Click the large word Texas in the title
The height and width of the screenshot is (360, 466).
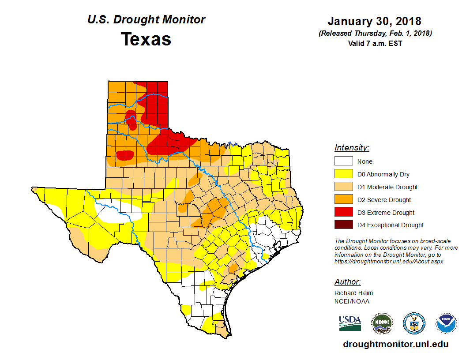point(146,39)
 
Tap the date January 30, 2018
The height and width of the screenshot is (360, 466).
point(374,21)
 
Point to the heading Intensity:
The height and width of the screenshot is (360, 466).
point(352,148)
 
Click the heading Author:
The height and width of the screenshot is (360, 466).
point(347,282)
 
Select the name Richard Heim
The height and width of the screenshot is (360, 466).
point(353,293)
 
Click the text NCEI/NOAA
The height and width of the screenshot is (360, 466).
point(352,301)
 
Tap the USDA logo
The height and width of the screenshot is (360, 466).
point(350,323)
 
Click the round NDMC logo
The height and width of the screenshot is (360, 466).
point(382,323)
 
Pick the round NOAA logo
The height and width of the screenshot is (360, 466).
point(447,323)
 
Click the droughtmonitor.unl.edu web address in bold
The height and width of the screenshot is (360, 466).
point(395,344)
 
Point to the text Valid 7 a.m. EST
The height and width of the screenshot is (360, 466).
point(375,43)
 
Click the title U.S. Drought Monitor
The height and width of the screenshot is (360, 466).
point(146,20)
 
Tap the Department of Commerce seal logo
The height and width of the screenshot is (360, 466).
point(414,323)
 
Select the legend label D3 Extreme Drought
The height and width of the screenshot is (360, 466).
point(386,213)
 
